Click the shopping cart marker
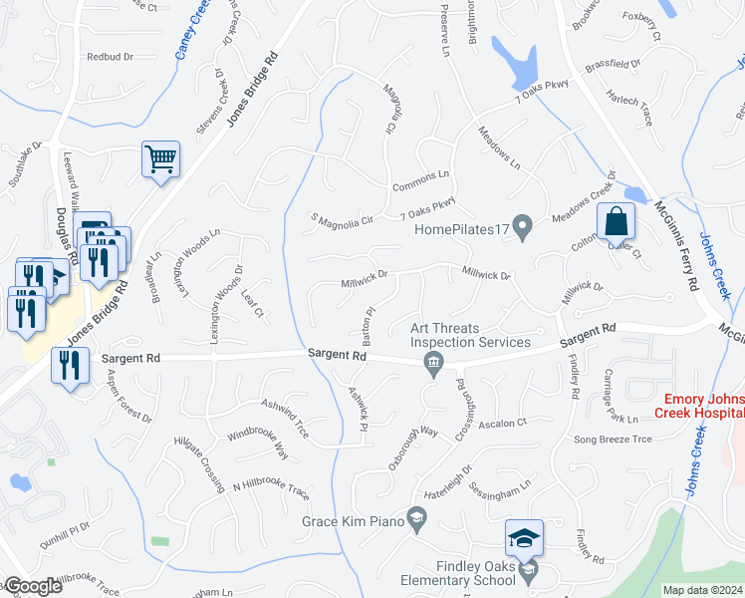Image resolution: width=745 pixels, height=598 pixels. coord(160,158)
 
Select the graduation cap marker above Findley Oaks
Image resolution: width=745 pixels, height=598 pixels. coord(524,539)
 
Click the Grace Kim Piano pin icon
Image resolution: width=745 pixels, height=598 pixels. coord(417,516)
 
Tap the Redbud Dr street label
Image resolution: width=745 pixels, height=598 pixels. coord(110,57)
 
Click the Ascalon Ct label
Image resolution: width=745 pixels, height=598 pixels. coord(502,423)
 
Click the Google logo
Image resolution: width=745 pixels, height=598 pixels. coord(33,586)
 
